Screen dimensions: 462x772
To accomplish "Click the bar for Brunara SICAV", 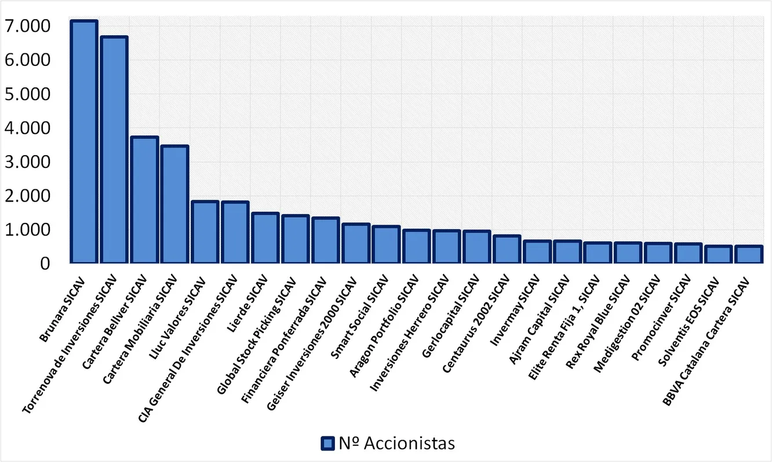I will point(83,142).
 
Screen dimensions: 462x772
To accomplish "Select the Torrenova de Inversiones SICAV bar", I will point(114,150).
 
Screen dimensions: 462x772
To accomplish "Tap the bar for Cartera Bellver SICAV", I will point(144,200).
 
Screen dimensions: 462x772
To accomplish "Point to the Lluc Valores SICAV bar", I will point(205,232).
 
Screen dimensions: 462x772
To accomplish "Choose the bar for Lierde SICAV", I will point(265,238).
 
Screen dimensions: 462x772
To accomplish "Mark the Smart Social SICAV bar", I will point(386,245).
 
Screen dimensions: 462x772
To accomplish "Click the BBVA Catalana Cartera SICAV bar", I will point(749,255).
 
